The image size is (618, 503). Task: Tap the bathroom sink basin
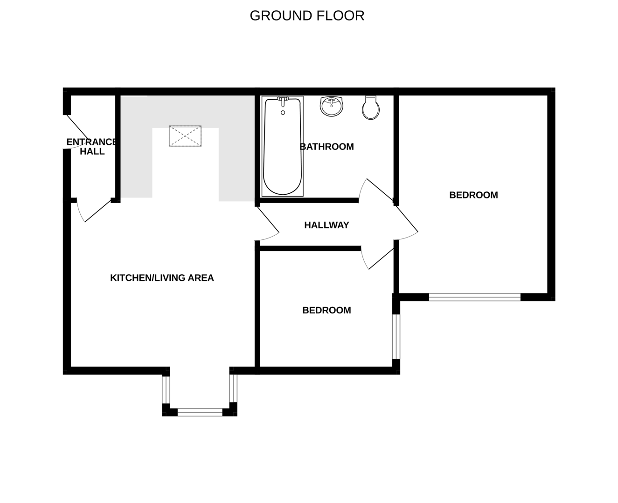tap(332, 106)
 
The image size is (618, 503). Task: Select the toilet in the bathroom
tap(371, 108)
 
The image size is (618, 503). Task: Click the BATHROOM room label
tap(326, 147)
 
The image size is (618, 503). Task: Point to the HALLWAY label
tap(326, 225)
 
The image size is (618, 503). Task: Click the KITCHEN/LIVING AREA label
tap(162, 278)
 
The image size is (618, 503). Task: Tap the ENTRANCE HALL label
tap(92, 147)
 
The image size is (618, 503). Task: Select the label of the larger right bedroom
tap(473, 195)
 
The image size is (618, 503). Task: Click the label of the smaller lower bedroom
tap(326, 310)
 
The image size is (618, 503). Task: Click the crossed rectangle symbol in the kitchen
tap(185, 136)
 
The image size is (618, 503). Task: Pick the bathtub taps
tap(283, 99)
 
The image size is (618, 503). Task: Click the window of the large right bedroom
tap(474, 297)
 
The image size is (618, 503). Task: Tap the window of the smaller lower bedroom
tap(396, 337)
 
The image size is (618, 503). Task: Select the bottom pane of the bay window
tap(200, 412)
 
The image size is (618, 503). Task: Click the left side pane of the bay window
tap(165, 389)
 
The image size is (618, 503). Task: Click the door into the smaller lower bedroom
tap(378, 258)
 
